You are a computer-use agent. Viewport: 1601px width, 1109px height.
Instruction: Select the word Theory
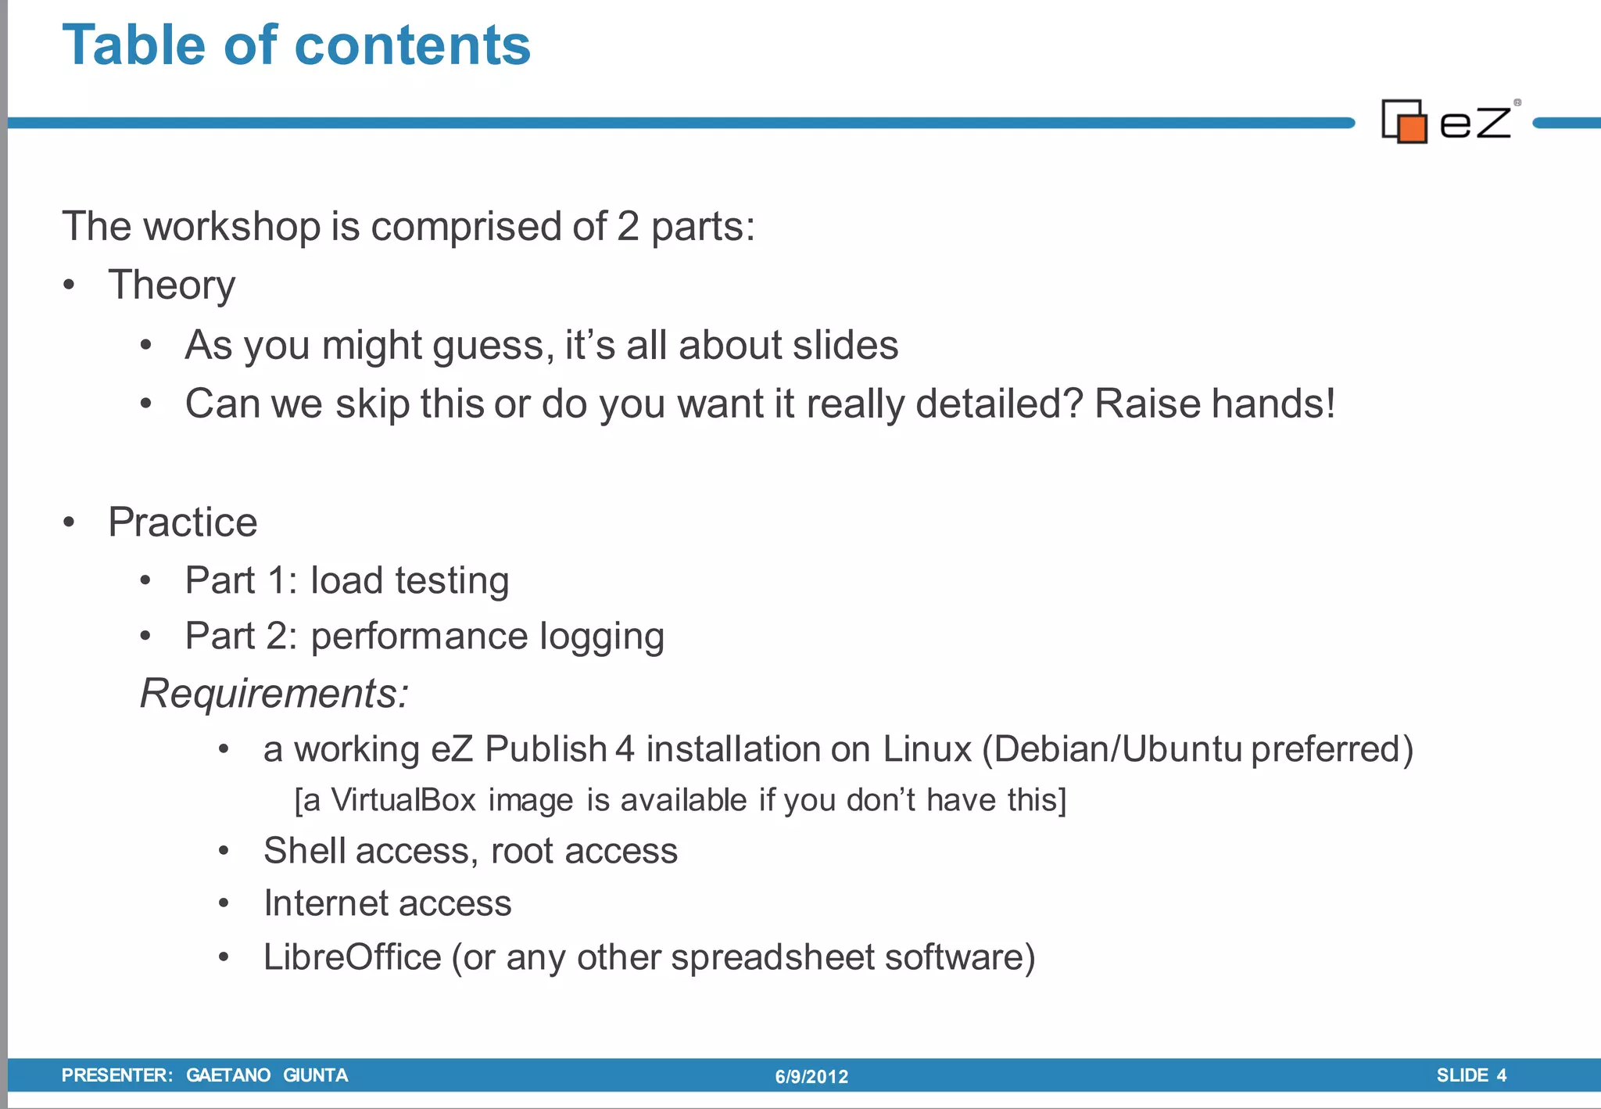[x=171, y=285]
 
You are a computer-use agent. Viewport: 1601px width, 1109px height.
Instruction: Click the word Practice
[x=182, y=522]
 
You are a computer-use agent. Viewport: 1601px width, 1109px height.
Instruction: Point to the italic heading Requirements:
[x=274, y=693]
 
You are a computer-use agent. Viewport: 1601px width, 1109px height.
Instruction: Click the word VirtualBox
[x=403, y=800]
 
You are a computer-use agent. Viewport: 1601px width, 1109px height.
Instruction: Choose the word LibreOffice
[x=352, y=957]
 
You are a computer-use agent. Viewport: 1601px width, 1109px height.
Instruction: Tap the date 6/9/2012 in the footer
[x=811, y=1077]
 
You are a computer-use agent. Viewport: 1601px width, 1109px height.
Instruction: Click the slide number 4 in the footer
[x=1501, y=1075]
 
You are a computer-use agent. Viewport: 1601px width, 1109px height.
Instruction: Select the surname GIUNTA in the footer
[x=315, y=1075]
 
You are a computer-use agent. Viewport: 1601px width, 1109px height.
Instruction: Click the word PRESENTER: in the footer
[x=117, y=1075]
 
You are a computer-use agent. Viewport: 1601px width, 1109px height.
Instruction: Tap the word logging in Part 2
[x=601, y=637]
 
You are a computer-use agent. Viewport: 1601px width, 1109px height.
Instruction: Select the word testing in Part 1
[x=452, y=581]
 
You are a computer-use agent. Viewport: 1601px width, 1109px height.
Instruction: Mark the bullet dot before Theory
[x=70, y=285]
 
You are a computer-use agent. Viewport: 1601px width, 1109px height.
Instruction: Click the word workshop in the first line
[x=231, y=227]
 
